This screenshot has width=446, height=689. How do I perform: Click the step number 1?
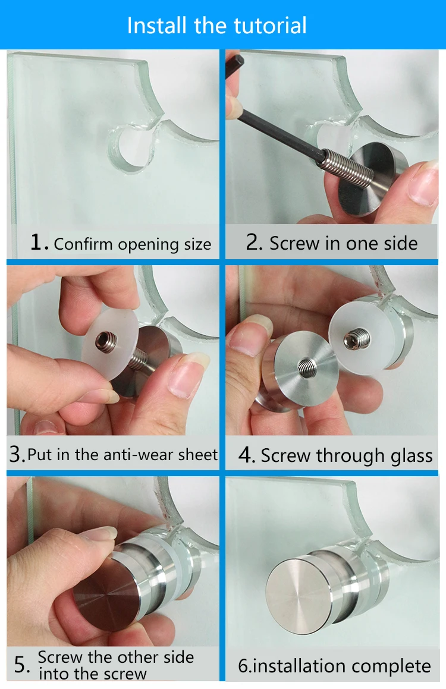click(x=38, y=243)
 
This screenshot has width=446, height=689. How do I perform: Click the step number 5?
click(x=21, y=665)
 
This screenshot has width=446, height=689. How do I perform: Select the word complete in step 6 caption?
click(x=393, y=666)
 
